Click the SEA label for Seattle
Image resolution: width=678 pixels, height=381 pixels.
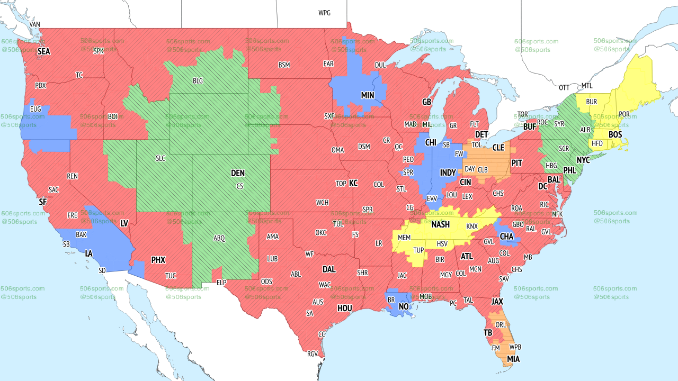(x=43, y=52)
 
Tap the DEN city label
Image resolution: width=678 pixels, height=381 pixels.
(x=238, y=173)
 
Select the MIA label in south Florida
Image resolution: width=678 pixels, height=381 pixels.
(x=513, y=359)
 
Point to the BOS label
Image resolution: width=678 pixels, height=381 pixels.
(x=615, y=135)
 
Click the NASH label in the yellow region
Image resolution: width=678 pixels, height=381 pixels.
(x=440, y=225)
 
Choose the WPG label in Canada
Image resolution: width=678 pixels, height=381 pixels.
(x=324, y=13)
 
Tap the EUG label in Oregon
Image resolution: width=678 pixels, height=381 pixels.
(x=36, y=108)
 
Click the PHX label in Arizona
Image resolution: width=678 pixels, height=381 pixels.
(x=158, y=260)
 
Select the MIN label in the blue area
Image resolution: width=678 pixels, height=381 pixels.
(x=368, y=96)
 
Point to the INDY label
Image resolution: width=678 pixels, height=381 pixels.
(x=448, y=173)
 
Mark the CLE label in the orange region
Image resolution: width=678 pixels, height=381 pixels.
(x=498, y=148)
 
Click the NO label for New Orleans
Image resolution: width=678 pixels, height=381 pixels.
(x=404, y=307)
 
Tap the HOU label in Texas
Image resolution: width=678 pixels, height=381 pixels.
(x=345, y=308)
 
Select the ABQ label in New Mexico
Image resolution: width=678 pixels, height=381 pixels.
(x=219, y=239)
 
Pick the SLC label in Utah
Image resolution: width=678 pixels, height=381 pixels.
(x=160, y=158)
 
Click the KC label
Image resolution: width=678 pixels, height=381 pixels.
(x=353, y=184)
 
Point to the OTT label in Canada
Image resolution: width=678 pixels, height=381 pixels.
(x=564, y=87)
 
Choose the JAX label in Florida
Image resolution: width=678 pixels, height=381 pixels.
(x=497, y=302)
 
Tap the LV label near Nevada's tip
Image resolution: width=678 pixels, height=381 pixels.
(x=124, y=224)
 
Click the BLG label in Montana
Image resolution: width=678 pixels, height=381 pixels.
(x=198, y=81)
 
